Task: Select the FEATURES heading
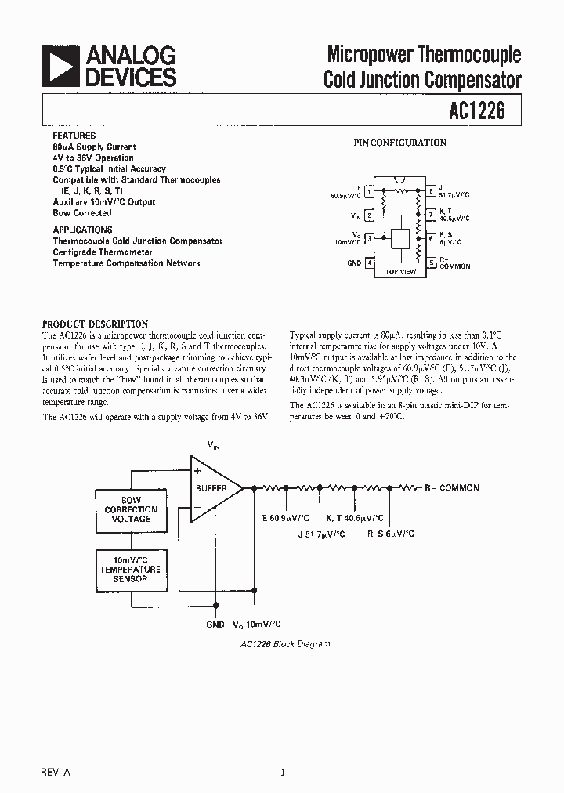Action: (74, 136)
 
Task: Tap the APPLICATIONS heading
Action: (82, 230)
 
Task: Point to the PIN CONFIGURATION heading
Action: (399, 143)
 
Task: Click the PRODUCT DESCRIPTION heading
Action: (95, 324)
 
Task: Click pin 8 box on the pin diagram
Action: (431, 190)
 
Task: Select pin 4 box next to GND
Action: (369, 263)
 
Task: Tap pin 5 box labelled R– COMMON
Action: (431, 263)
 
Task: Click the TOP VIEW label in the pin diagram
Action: (400, 272)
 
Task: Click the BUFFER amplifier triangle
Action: (213, 488)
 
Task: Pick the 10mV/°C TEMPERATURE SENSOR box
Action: (131, 570)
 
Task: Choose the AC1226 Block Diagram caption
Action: (285, 643)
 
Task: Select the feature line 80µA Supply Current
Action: (94, 147)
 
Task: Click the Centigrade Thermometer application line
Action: (103, 252)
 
